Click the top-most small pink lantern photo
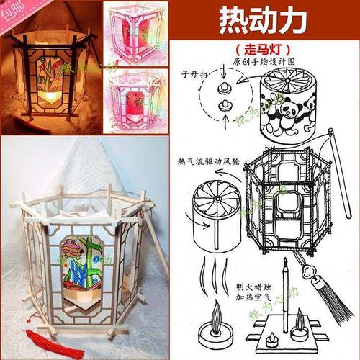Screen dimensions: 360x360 point(138,33)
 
